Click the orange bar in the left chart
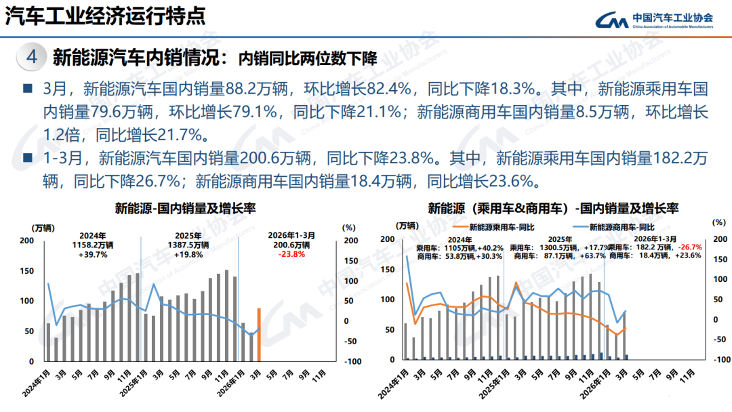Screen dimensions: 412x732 259,335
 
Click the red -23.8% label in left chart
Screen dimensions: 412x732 291,255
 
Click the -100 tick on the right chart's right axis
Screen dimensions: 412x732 721,360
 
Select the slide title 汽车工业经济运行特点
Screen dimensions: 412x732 105,16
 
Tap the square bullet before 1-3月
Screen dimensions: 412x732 28,158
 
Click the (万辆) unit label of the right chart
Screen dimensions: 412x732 408,225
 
